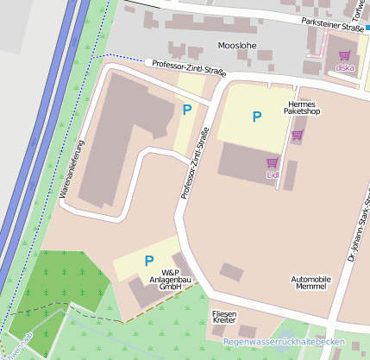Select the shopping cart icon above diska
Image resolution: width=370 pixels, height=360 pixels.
[x=344, y=55]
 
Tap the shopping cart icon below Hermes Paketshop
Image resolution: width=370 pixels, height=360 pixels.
[x=298, y=135]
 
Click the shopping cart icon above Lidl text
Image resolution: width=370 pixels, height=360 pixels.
[x=273, y=162]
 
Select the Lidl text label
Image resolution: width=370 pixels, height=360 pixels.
[x=273, y=176]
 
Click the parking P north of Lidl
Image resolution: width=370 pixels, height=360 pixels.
[x=256, y=116]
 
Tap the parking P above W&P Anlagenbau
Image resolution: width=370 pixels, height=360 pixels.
[x=148, y=260]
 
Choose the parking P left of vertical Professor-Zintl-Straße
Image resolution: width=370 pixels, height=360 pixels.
[x=187, y=109]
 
